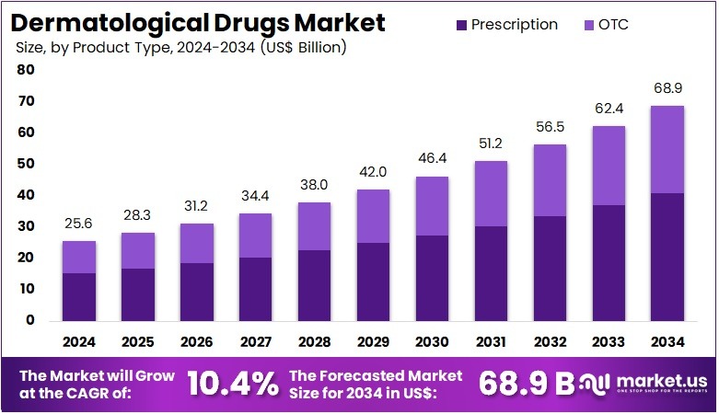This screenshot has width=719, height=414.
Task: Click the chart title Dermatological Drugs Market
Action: (x=199, y=22)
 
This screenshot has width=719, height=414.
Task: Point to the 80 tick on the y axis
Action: (x=26, y=70)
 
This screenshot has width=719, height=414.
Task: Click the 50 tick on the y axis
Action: (x=26, y=164)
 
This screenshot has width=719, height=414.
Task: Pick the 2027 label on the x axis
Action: (x=255, y=341)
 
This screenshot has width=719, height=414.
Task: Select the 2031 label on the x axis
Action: (x=492, y=341)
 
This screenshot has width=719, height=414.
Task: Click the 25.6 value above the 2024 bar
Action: (x=78, y=224)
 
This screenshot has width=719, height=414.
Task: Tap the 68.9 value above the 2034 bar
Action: (x=668, y=88)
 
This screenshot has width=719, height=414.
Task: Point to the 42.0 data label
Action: (x=373, y=172)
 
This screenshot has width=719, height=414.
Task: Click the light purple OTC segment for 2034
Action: (x=668, y=149)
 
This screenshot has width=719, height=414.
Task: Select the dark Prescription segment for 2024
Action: (x=78, y=296)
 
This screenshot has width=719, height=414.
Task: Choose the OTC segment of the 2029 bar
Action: (x=373, y=216)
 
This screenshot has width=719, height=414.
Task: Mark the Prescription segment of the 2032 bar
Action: (x=551, y=268)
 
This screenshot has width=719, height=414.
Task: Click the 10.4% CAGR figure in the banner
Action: (x=233, y=384)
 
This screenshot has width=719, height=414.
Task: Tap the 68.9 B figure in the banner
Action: (x=525, y=384)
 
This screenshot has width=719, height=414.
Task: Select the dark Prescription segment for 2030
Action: (x=432, y=278)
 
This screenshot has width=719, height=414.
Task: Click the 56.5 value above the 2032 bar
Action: (x=551, y=127)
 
